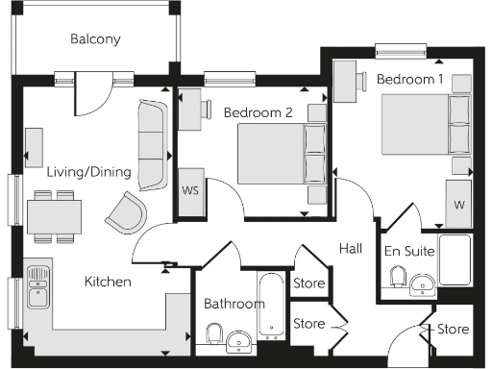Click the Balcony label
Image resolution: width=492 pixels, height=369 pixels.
point(95,39)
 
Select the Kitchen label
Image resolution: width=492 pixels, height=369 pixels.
point(108,282)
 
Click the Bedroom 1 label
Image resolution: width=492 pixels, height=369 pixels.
point(410,79)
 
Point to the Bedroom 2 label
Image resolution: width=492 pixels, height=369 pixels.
point(258,112)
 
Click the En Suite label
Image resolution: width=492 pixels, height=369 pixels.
point(409,251)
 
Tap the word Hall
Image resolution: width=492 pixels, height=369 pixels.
point(351,249)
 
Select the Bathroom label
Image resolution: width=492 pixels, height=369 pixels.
point(234,304)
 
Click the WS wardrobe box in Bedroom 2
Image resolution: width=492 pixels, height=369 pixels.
point(190,189)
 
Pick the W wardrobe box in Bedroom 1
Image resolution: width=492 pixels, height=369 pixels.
point(459,204)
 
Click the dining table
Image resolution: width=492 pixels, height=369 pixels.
point(53,216)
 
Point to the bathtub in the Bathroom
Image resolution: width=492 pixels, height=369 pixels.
point(273,307)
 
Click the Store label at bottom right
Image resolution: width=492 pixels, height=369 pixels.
point(454,330)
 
